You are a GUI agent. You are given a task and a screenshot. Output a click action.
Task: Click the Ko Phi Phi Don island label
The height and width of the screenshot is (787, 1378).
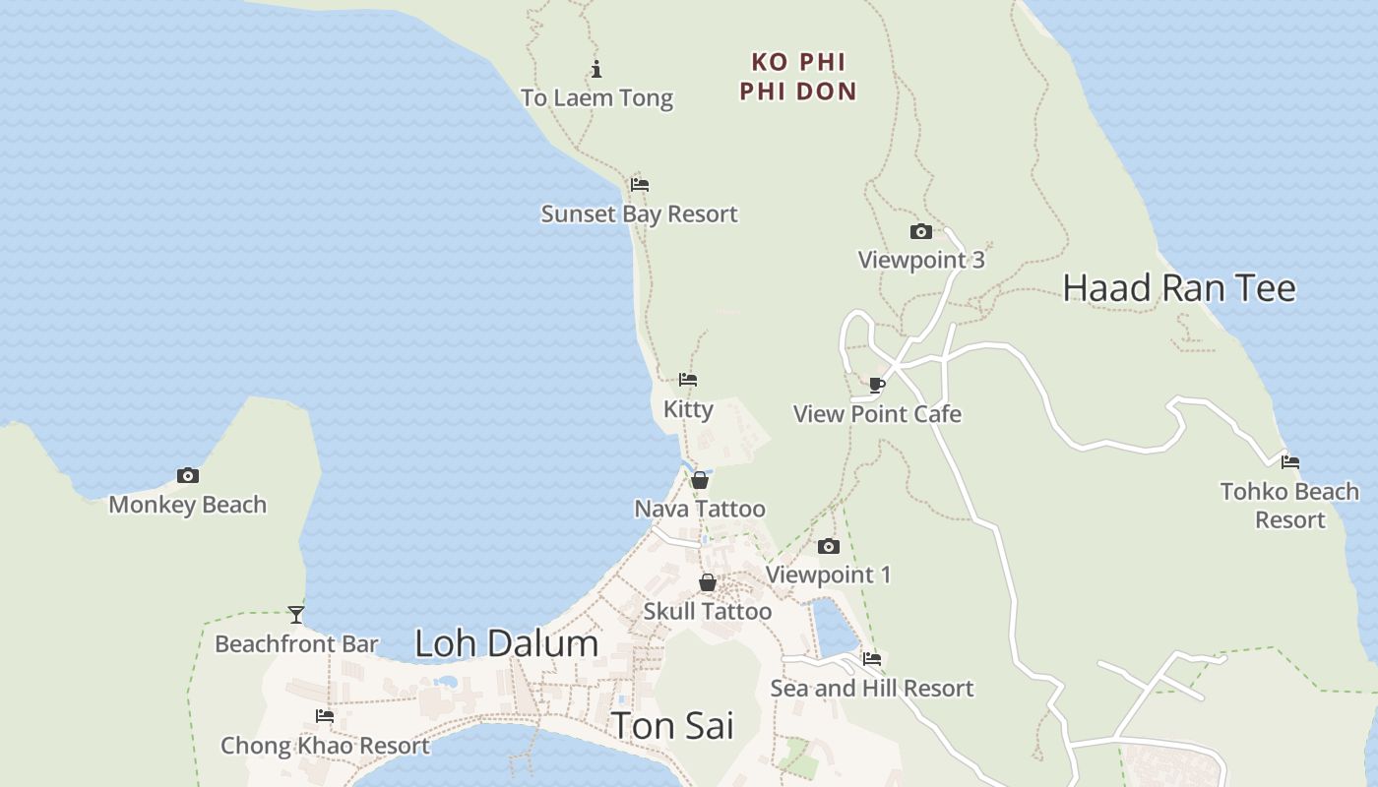pyautogui.click(x=798, y=77)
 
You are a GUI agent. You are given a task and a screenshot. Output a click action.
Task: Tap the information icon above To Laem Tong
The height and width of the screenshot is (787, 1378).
pyautogui.click(x=596, y=69)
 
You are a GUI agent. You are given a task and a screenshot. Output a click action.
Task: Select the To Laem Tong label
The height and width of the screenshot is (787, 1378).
pyautogui.click(x=596, y=97)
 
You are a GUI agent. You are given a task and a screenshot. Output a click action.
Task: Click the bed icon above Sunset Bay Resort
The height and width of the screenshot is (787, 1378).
pyautogui.click(x=640, y=184)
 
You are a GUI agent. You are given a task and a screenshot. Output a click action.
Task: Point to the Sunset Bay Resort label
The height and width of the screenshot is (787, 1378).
pyautogui.click(x=639, y=213)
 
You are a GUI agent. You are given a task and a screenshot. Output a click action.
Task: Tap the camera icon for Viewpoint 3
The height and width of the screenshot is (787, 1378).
pyautogui.click(x=920, y=231)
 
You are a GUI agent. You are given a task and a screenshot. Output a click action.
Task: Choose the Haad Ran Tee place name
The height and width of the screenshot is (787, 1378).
pyautogui.click(x=1179, y=288)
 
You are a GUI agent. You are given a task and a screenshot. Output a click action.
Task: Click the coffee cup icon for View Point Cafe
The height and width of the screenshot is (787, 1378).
pyautogui.click(x=877, y=385)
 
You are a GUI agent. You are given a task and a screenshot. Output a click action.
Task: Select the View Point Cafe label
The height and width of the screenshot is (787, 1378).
pyautogui.click(x=877, y=414)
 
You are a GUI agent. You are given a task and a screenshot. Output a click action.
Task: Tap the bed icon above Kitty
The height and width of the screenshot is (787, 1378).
pyautogui.click(x=688, y=379)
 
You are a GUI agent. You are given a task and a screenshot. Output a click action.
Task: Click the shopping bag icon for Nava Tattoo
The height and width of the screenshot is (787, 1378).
pyautogui.click(x=700, y=480)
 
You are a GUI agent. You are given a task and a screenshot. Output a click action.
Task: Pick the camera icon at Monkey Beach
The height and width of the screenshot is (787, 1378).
pyautogui.click(x=187, y=475)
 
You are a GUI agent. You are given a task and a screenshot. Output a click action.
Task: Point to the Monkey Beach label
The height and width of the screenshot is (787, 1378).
pyautogui.click(x=187, y=505)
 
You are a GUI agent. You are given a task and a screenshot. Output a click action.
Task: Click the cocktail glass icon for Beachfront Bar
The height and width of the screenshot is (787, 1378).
pyautogui.click(x=296, y=615)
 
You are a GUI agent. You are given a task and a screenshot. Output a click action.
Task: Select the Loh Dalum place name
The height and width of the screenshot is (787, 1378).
pyautogui.click(x=506, y=643)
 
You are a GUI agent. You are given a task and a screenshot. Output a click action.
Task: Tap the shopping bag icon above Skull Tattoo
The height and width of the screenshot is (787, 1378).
pyautogui.click(x=707, y=582)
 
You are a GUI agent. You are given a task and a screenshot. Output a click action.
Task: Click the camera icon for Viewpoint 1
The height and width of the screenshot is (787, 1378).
pyautogui.click(x=829, y=546)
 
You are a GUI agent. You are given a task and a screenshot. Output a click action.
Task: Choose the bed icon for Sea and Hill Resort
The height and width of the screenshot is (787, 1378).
pyautogui.click(x=871, y=659)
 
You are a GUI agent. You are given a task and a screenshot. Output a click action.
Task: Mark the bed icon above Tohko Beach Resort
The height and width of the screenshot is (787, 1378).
pyautogui.click(x=1290, y=461)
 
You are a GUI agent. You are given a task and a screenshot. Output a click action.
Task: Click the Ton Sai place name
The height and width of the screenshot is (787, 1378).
pyautogui.click(x=673, y=726)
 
